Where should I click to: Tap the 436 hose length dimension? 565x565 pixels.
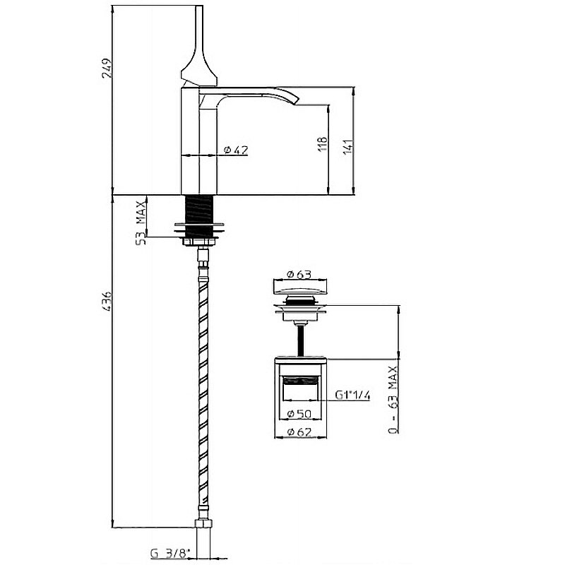pyautogui.click(x=107, y=302)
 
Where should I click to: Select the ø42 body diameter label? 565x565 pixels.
pyautogui.click(x=236, y=150)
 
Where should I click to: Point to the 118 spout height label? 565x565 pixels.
pyautogui.click(x=323, y=144)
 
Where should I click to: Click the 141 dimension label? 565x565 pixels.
pyautogui.click(x=348, y=147)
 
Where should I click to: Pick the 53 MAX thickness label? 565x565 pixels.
pyautogui.click(x=141, y=222)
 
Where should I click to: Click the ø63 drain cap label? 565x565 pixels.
pyautogui.click(x=299, y=274)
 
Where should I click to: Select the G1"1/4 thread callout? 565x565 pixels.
pyautogui.click(x=352, y=395)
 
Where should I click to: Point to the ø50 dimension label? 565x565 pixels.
pyautogui.click(x=299, y=413)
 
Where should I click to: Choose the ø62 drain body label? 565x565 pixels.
pyautogui.click(x=299, y=432)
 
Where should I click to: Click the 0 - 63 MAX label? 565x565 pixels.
pyautogui.click(x=393, y=399)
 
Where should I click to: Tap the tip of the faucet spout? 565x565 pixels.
pyautogui.click(x=297, y=101)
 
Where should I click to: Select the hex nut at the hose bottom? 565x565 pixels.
pyautogui.click(x=203, y=523)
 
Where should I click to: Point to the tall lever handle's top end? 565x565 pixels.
pyautogui.click(x=199, y=6)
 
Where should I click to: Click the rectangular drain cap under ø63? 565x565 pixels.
pyautogui.click(x=300, y=287)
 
